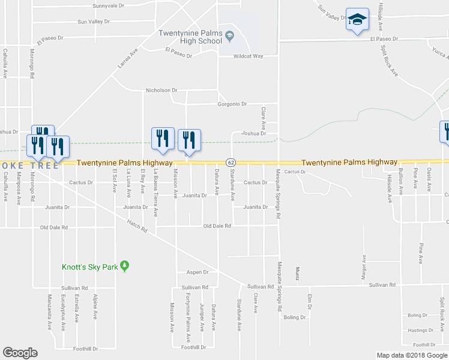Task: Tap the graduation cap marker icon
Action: (357, 20)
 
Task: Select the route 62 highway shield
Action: (230, 163)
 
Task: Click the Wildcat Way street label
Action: (249, 56)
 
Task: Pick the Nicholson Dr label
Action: (162, 91)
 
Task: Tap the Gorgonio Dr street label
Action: (232, 104)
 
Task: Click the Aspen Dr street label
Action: (196, 272)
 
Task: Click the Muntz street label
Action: (297, 273)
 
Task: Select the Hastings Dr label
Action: (420, 330)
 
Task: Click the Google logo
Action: (20, 353)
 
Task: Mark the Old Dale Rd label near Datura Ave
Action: (217, 226)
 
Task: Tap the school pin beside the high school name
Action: (229, 38)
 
